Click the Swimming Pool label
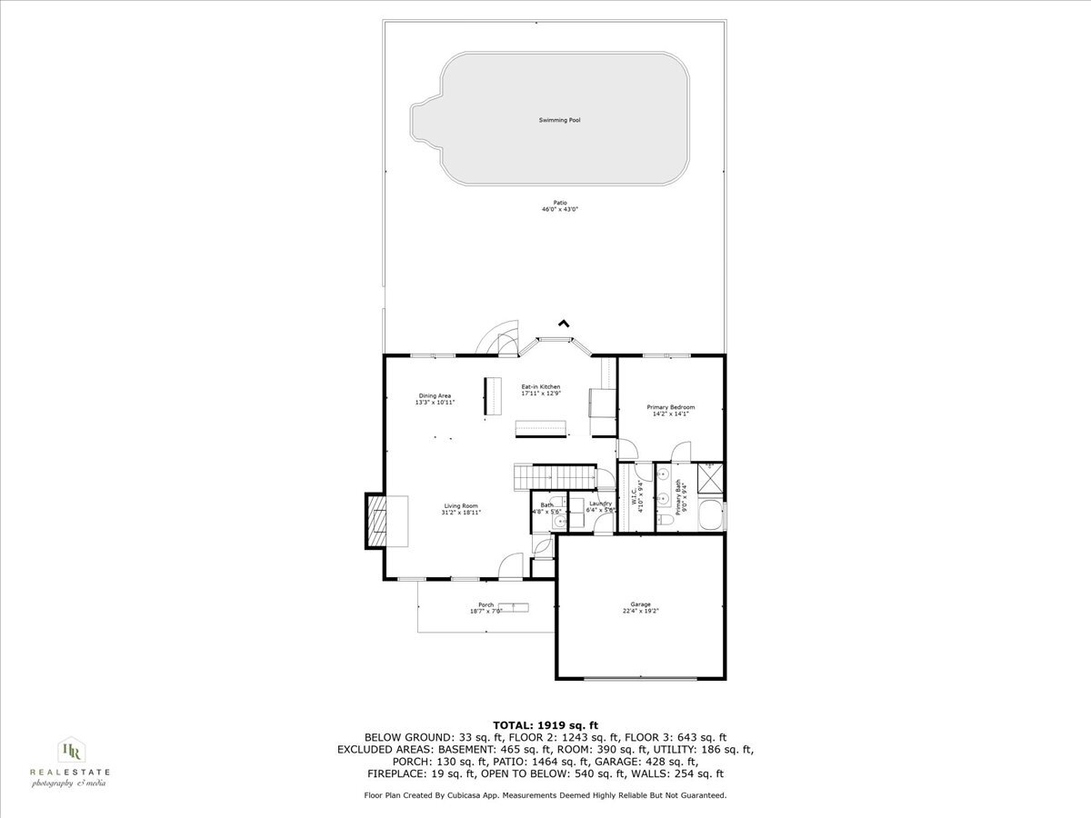point(561,120)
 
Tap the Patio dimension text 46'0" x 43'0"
point(560,209)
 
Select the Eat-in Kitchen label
point(540,387)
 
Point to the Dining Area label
point(435,395)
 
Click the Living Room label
point(461,506)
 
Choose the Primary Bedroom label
point(670,407)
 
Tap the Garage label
point(641,604)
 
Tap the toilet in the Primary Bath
point(666,518)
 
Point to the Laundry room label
point(600,504)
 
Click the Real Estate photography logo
point(70,762)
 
